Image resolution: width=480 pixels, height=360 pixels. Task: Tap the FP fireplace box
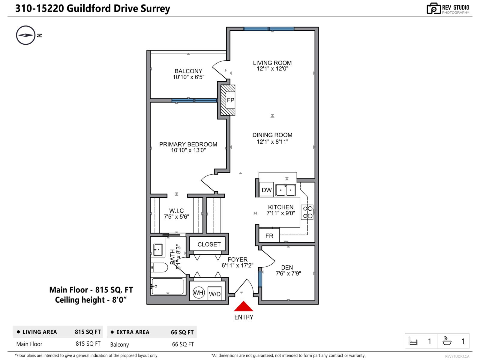[x=230, y=100]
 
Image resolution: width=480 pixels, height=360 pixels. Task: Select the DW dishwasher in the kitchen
[x=266, y=190]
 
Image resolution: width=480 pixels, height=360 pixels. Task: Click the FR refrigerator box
[x=269, y=235]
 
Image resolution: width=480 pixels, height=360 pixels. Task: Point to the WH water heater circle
[x=198, y=292]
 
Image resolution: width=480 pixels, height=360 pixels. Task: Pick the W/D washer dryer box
[x=215, y=294]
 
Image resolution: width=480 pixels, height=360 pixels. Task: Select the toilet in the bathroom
[x=159, y=267]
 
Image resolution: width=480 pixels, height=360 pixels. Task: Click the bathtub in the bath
[x=167, y=286]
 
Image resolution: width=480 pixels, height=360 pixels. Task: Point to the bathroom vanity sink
[x=158, y=249]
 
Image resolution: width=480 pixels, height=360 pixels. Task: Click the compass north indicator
[x=26, y=35]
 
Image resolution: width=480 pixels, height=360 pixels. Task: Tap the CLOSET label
[x=209, y=244]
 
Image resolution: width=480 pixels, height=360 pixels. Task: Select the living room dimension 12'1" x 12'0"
[x=272, y=69]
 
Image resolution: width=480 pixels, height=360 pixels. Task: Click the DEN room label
[x=287, y=267]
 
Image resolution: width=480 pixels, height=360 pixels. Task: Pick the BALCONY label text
[x=188, y=71]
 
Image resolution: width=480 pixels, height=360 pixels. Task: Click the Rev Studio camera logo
[x=433, y=8]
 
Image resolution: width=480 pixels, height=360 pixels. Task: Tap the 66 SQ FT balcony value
[x=183, y=344]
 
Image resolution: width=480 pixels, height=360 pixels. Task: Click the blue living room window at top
[x=268, y=29]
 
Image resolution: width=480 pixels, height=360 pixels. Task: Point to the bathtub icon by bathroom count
[x=447, y=341]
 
